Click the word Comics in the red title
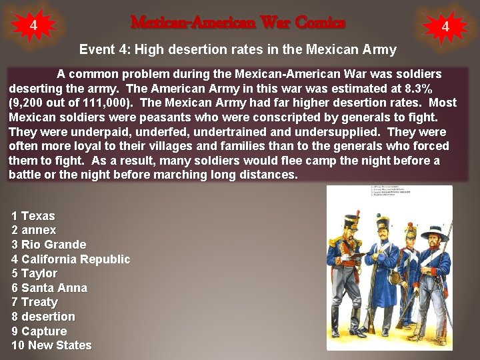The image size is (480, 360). click(x=320, y=23)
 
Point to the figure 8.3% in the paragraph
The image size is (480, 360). click(x=418, y=88)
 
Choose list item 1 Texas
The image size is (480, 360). click(x=33, y=216)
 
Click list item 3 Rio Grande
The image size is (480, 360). click(x=49, y=245)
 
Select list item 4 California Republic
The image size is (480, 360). click(x=71, y=259)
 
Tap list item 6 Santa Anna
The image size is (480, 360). click(x=49, y=288)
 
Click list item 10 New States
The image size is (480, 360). click(x=51, y=345)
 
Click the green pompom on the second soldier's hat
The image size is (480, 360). click(x=384, y=215)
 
